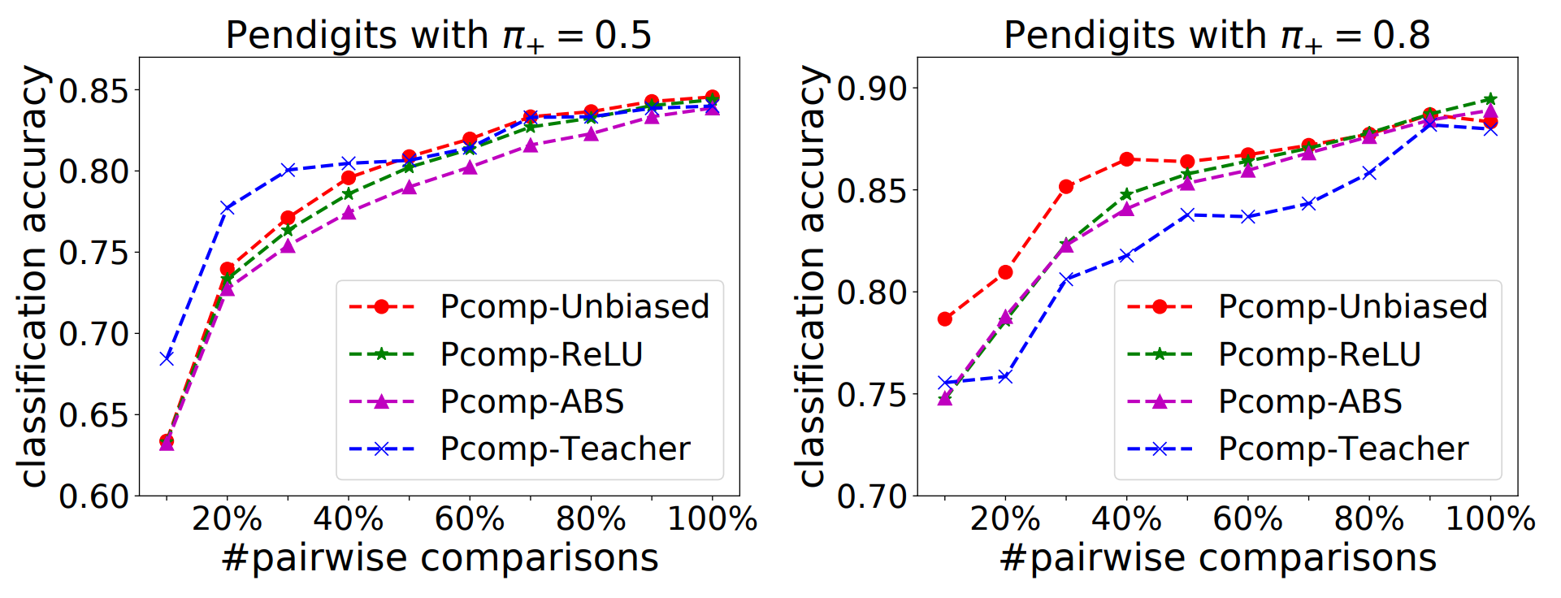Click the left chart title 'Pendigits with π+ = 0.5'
point(439,36)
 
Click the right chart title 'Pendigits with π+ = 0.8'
point(1216,36)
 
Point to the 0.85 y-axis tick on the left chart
point(94,91)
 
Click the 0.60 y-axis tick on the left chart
point(94,496)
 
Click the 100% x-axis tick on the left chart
point(712,519)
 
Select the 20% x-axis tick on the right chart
point(1005,519)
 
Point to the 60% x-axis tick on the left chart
point(470,519)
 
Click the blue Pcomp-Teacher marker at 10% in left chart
point(167,357)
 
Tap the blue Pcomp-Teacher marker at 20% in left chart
point(228,208)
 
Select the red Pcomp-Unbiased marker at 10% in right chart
point(945,319)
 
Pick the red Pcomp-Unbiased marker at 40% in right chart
point(1127,159)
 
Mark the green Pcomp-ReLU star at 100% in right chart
point(1490,99)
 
